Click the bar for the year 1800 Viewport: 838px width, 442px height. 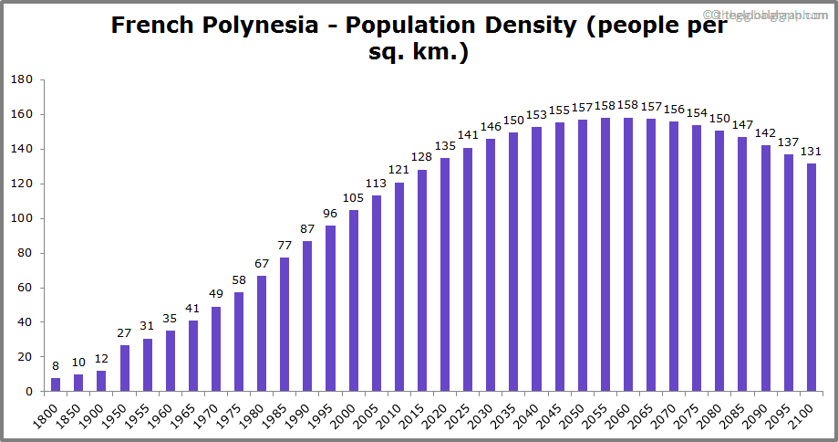tap(56, 384)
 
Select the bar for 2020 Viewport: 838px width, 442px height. tap(445, 274)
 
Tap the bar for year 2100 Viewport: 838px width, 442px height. tap(812, 278)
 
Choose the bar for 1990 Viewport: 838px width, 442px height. tap(307, 316)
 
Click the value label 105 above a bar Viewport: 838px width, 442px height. tap(353, 198)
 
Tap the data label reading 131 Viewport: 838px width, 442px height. tap(812, 152)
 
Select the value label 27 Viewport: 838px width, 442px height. tap(125, 333)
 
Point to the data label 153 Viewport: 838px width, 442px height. tap(536, 114)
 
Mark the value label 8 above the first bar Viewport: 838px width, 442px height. tap(56, 366)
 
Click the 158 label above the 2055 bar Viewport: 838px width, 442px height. tap(605, 105)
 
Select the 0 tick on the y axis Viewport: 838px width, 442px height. tap(29, 392)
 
